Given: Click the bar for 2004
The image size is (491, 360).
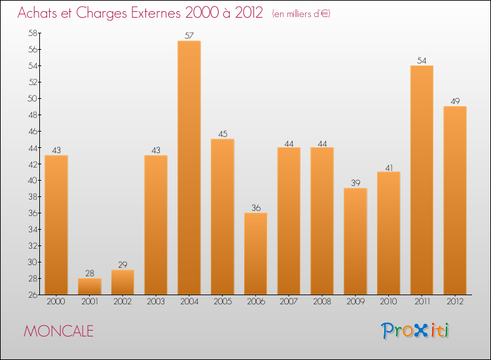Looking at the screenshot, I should point(189,168).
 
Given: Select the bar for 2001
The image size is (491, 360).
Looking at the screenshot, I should point(90,286).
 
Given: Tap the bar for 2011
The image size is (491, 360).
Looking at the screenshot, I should point(422,180).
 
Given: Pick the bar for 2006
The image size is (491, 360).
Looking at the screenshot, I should point(255,253).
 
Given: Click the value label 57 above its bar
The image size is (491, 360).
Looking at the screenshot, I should point(189,36).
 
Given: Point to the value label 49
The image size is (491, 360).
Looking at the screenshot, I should point(455,101).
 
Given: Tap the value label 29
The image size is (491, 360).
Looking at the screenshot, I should point(122,265).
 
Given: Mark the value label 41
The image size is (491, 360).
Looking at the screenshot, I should point(389,167).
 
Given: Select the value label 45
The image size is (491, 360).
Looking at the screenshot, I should point(223,134).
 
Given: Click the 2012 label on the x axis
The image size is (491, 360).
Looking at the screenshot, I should point(455,302).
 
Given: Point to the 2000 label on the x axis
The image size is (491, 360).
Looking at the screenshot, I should point(56,302).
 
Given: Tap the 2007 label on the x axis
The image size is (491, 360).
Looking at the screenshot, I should point(289,302).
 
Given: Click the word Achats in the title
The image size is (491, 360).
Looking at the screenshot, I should point(41,13).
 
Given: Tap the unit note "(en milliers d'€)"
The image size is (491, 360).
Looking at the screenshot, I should point(300,14).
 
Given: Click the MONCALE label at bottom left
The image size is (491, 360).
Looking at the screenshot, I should point(58,331).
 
